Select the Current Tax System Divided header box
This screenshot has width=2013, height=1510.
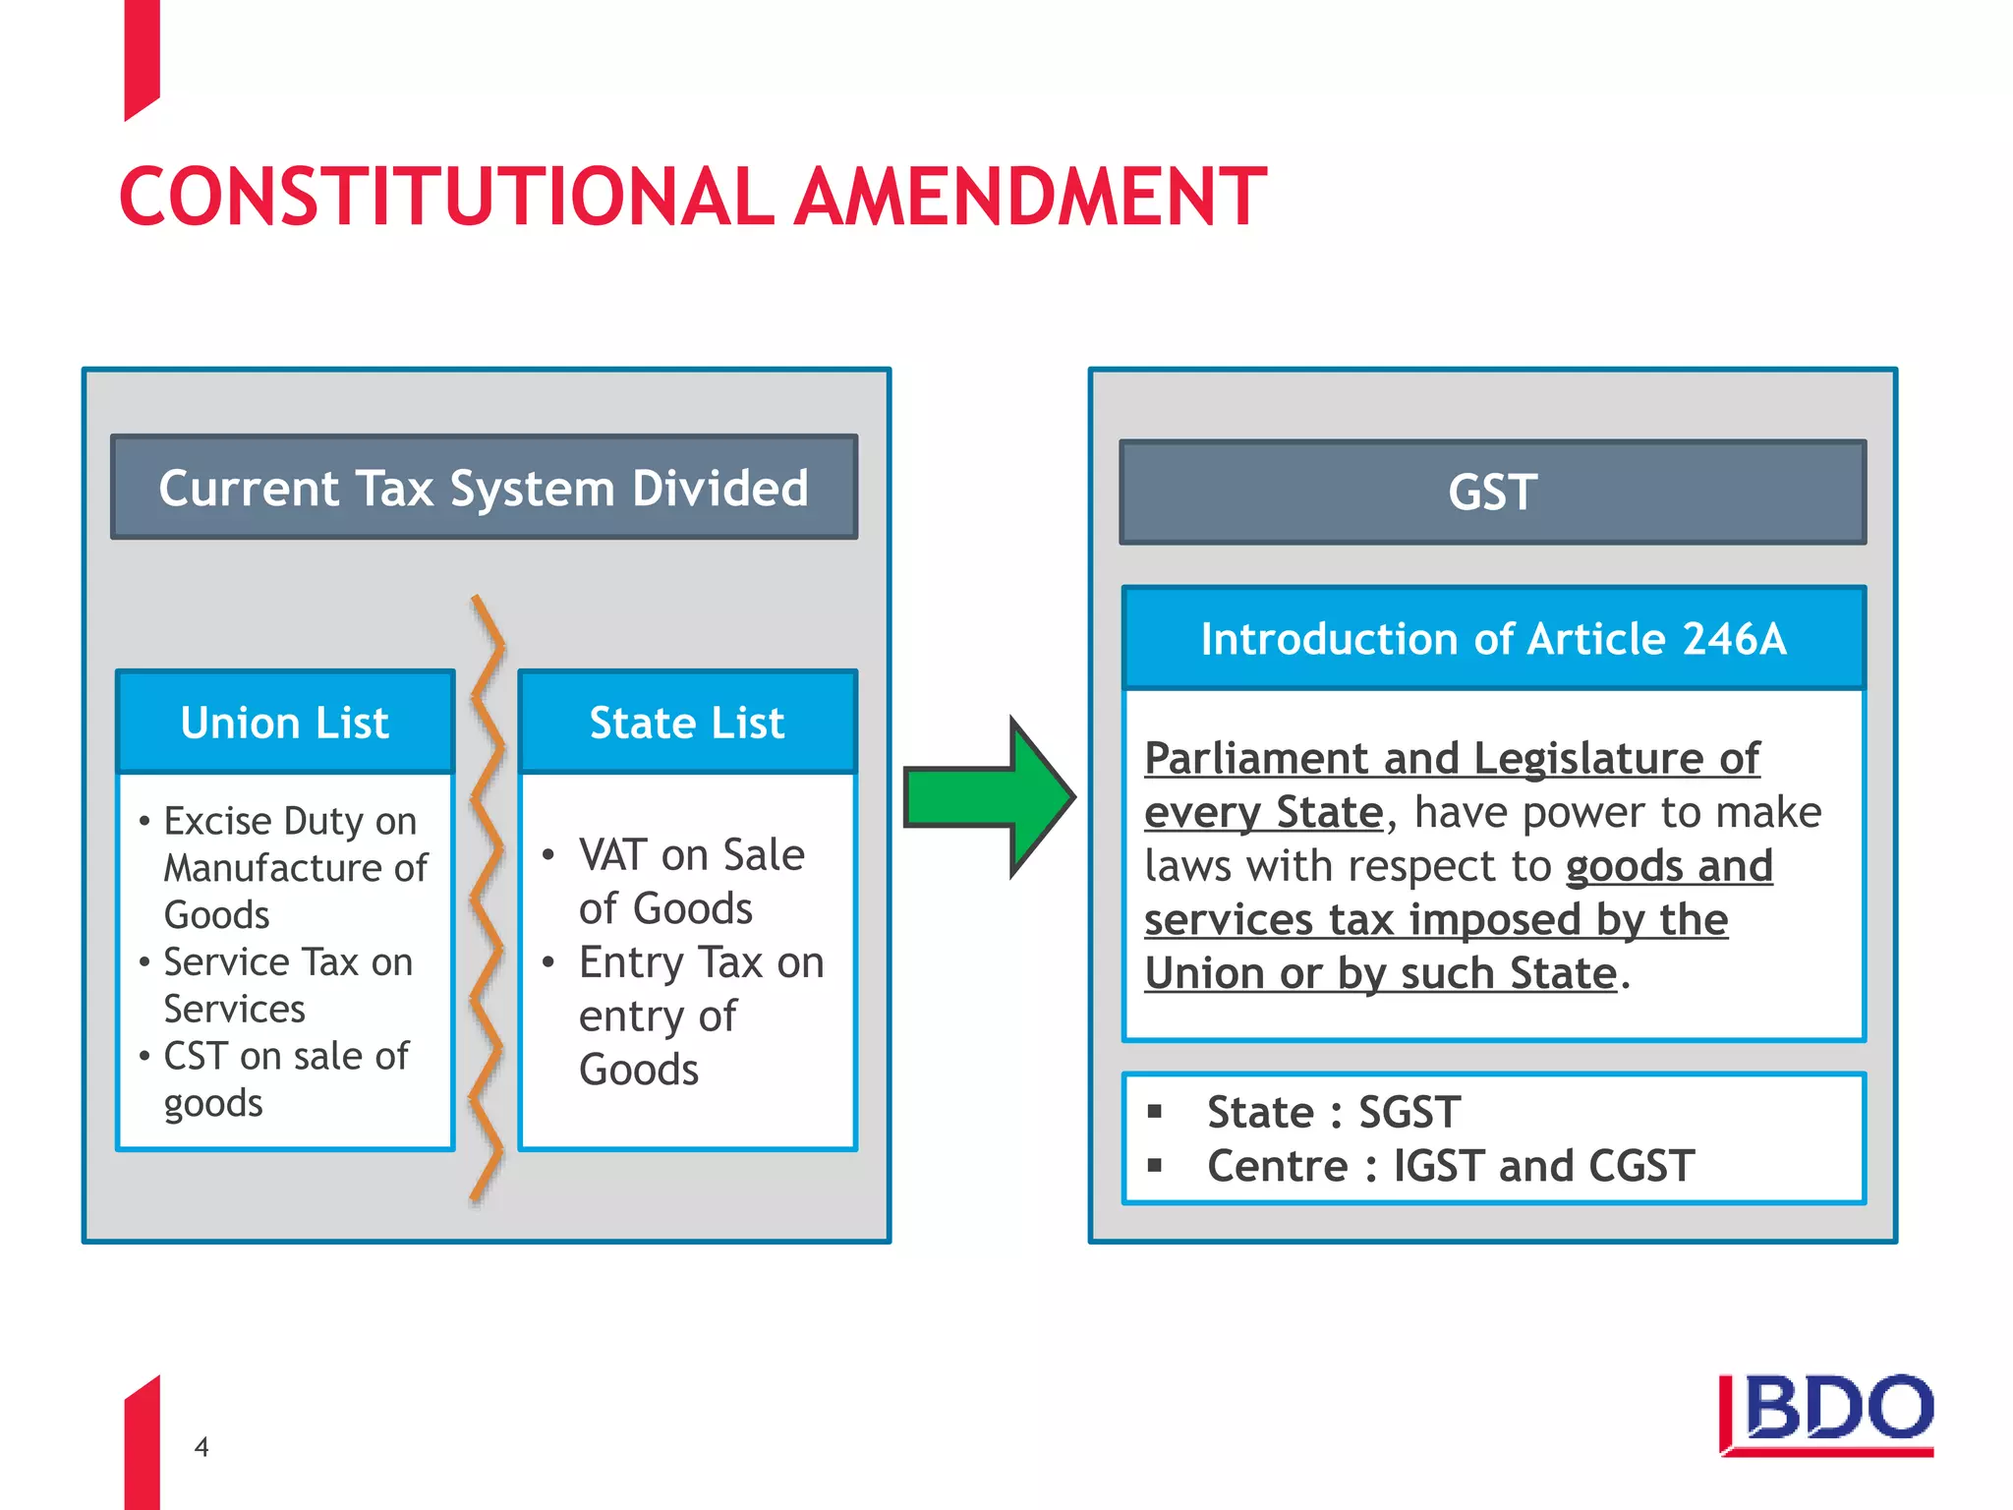(484, 488)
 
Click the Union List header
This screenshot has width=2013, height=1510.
(285, 723)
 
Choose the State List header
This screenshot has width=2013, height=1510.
(687, 723)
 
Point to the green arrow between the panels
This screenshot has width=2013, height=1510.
(988, 797)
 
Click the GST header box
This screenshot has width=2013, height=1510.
(1492, 492)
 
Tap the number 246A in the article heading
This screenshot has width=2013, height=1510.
(1734, 639)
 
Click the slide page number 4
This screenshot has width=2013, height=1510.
(201, 1447)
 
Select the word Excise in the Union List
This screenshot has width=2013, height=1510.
(217, 821)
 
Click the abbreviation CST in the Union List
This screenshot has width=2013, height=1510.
(196, 1057)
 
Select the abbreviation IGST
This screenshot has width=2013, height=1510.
(1440, 1167)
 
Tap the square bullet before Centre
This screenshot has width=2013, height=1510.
(1155, 1167)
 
